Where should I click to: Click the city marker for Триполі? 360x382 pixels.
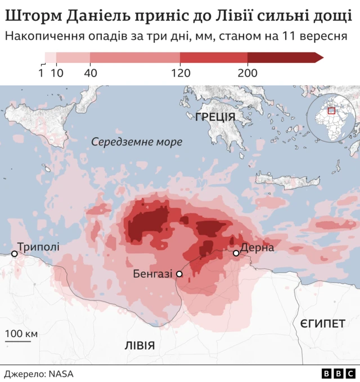pos(15,254)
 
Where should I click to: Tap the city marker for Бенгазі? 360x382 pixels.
pos(179,274)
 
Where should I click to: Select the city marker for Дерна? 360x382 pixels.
pos(236,253)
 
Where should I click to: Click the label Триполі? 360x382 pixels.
pos(38,246)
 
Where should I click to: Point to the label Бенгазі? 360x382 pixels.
pos(152,274)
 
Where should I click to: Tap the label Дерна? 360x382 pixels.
pos(257,248)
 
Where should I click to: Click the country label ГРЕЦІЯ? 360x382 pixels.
pos(215,117)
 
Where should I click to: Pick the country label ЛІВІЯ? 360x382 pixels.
pos(139,345)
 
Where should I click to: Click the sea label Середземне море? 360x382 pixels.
pos(137,142)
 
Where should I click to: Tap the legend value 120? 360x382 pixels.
pos(180,72)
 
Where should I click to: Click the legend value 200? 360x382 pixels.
pos(247,72)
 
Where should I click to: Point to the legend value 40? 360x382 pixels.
pos(90,72)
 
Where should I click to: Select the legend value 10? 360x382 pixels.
pos(57,72)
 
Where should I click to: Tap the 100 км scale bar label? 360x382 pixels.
pos(21,334)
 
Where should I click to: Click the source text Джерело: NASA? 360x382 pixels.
pos(39,374)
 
